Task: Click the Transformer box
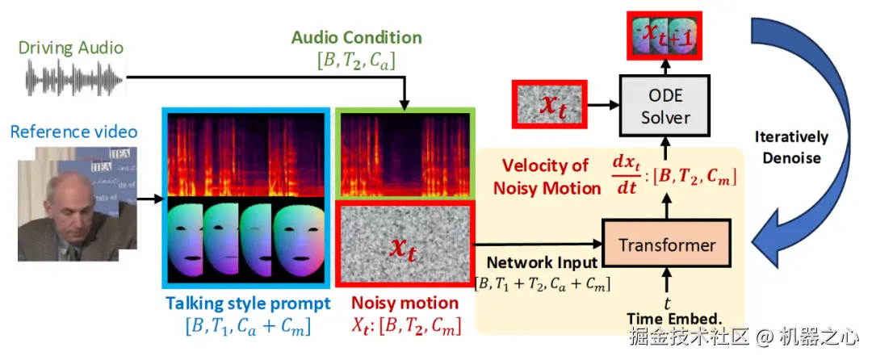click(666, 245)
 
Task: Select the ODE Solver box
click(665, 106)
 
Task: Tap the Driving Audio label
click(70, 48)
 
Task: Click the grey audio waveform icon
click(76, 77)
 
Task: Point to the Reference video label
click(73, 132)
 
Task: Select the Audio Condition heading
click(357, 38)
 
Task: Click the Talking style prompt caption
click(248, 303)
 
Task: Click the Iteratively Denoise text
click(791, 147)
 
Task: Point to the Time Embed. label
click(674, 318)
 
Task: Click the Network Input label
click(543, 262)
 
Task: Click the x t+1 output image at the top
click(664, 36)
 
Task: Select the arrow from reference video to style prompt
click(150, 199)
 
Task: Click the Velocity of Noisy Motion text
click(547, 177)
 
